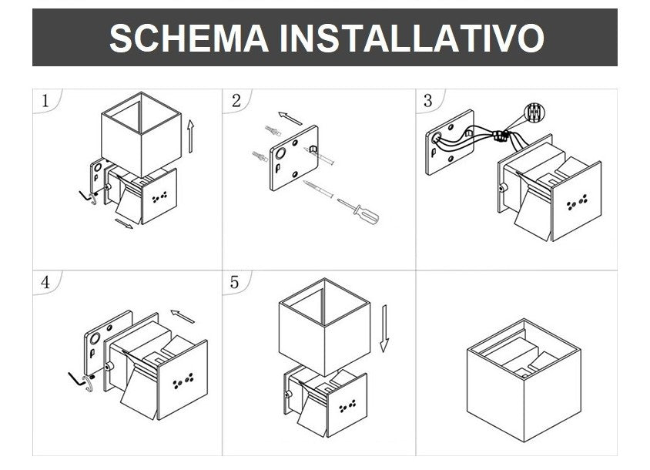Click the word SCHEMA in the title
click(189, 38)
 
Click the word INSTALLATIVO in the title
click(411, 38)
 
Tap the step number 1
click(45, 101)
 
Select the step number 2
click(236, 101)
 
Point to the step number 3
click(427, 101)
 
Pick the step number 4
click(45, 283)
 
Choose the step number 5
click(235, 283)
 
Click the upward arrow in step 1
click(190, 136)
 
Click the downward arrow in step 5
click(385, 328)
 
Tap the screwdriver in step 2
click(358, 211)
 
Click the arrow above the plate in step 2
click(290, 118)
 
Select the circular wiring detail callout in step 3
click(534, 112)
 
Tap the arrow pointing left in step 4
click(183, 316)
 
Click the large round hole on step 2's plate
click(280, 154)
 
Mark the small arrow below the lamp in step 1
click(123, 223)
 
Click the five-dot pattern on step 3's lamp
click(577, 202)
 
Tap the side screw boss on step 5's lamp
click(287, 394)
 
